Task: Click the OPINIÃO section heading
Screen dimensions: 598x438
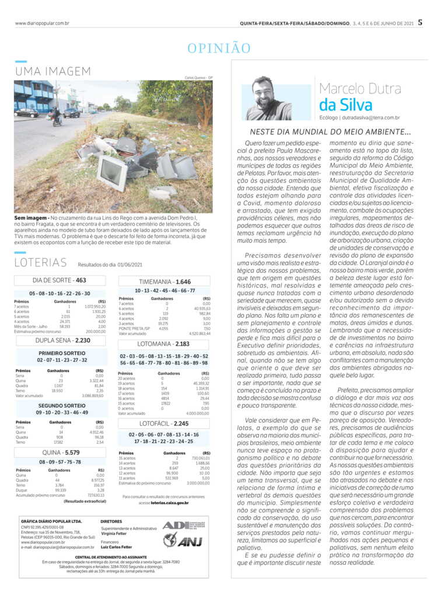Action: pyautogui.click(x=219, y=48)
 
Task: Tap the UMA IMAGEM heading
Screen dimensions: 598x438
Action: pyautogui.click(x=52, y=71)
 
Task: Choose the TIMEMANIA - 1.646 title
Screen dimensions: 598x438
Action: pyautogui.click(x=166, y=281)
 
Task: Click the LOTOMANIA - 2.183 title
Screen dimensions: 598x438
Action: pyautogui.click(x=166, y=344)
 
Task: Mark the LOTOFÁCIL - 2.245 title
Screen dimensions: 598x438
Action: pyautogui.click(x=166, y=423)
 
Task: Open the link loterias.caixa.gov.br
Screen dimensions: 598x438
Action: pyautogui.click(x=170, y=502)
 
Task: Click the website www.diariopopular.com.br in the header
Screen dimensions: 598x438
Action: pyautogui.click(x=43, y=23)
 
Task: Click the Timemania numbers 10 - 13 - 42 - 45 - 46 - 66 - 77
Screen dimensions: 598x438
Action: pyautogui.click(x=165, y=290)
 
